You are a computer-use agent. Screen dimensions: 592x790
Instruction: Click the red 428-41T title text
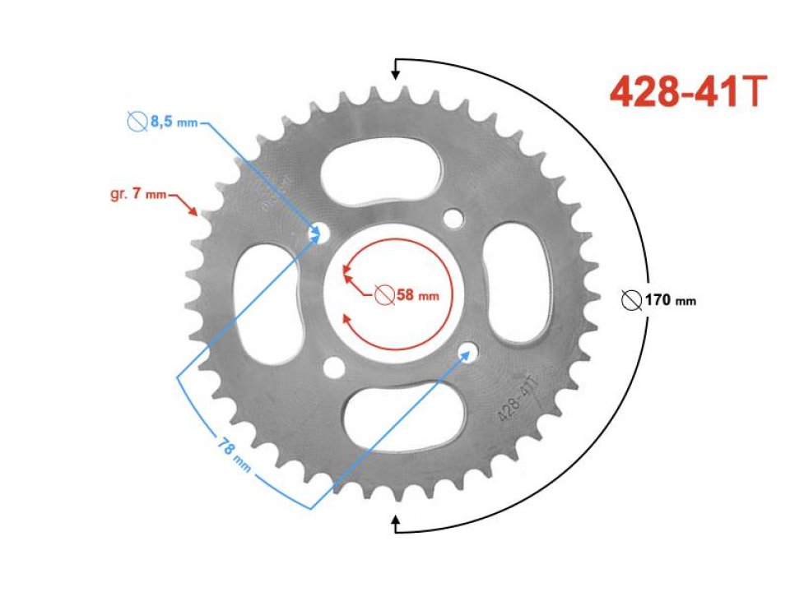tap(688, 93)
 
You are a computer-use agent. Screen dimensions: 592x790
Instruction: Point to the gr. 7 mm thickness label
tap(137, 195)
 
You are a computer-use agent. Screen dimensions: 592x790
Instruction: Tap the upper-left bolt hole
tap(317, 234)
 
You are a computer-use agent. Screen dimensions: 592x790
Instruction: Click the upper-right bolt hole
tap(451, 219)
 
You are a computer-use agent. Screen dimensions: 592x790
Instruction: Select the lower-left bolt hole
tap(333, 366)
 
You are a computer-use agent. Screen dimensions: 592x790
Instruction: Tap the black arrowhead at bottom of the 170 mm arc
tap(396, 519)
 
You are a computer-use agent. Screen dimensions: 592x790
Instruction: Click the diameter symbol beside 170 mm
tap(632, 300)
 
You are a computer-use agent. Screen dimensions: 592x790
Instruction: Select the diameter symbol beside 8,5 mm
tap(137, 123)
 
